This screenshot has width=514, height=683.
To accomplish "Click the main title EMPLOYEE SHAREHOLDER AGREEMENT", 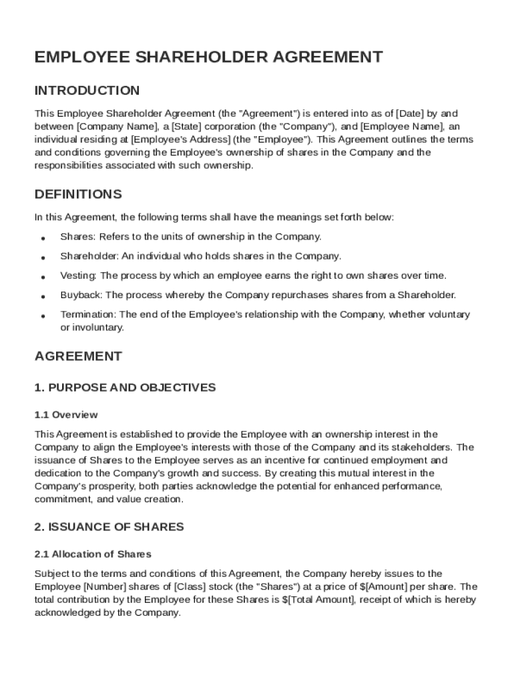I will click(x=208, y=57).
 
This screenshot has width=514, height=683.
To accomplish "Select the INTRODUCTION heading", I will click(x=87, y=91).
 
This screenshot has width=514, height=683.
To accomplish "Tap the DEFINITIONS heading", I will click(x=78, y=195).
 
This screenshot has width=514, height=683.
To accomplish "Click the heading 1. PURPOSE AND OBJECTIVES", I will click(x=125, y=388).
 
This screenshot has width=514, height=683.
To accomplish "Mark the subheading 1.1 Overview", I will click(x=66, y=415).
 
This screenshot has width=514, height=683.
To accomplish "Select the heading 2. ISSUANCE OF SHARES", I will click(x=109, y=527).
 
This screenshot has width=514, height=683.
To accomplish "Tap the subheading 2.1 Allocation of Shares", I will click(x=93, y=554).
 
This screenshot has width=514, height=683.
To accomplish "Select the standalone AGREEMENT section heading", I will click(x=78, y=357).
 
